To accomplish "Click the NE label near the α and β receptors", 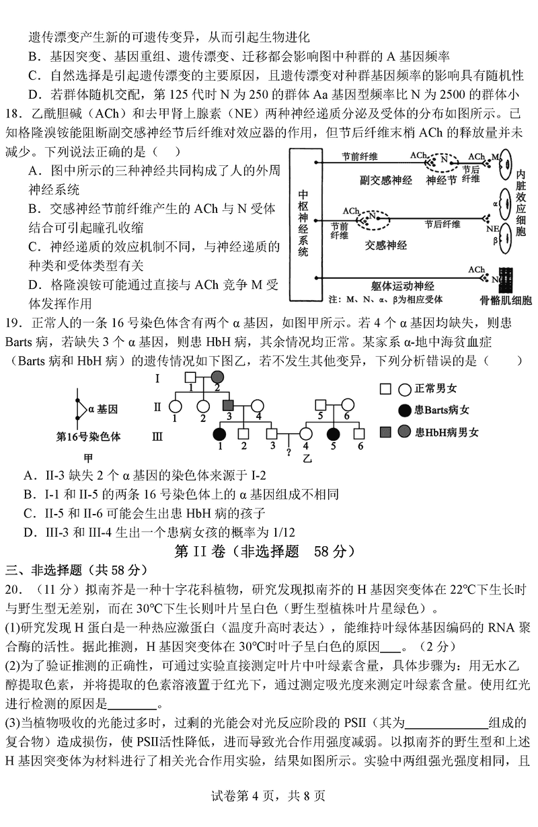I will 492,228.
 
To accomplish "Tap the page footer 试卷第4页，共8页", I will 269,796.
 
